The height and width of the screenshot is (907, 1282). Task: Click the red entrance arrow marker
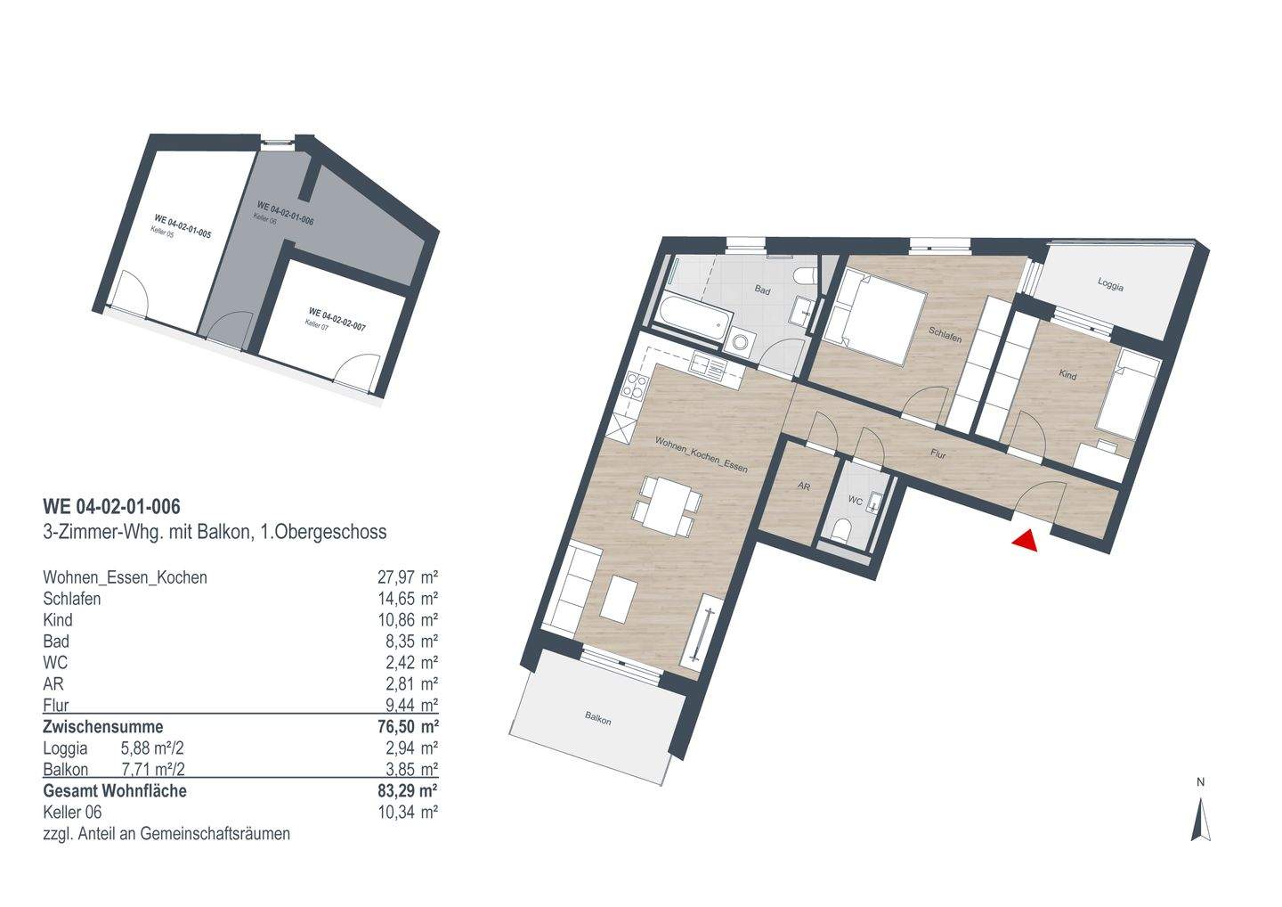click(1026, 541)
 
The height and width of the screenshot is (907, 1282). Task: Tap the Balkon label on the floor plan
click(598, 719)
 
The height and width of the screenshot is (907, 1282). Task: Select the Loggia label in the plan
click(1110, 287)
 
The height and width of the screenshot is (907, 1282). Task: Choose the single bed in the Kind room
click(1126, 398)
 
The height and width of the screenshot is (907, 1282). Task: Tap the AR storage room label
click(803, 486)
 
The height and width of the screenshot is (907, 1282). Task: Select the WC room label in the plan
click(854, 501)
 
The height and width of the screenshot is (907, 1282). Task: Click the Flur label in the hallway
click(937, 453)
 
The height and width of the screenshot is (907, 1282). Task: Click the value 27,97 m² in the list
click(408, 577)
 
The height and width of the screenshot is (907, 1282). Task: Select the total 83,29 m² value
click(408, 790)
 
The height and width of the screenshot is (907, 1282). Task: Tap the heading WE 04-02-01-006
click(111, 507)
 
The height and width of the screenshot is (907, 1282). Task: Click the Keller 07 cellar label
click(313, 325)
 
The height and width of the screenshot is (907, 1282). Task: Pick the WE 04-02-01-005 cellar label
click(182, 222)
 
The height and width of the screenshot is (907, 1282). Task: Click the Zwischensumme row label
click(103, 726)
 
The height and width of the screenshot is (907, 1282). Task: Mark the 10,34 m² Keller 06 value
click(408, 812)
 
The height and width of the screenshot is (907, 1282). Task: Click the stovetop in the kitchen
click(637, 385)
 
